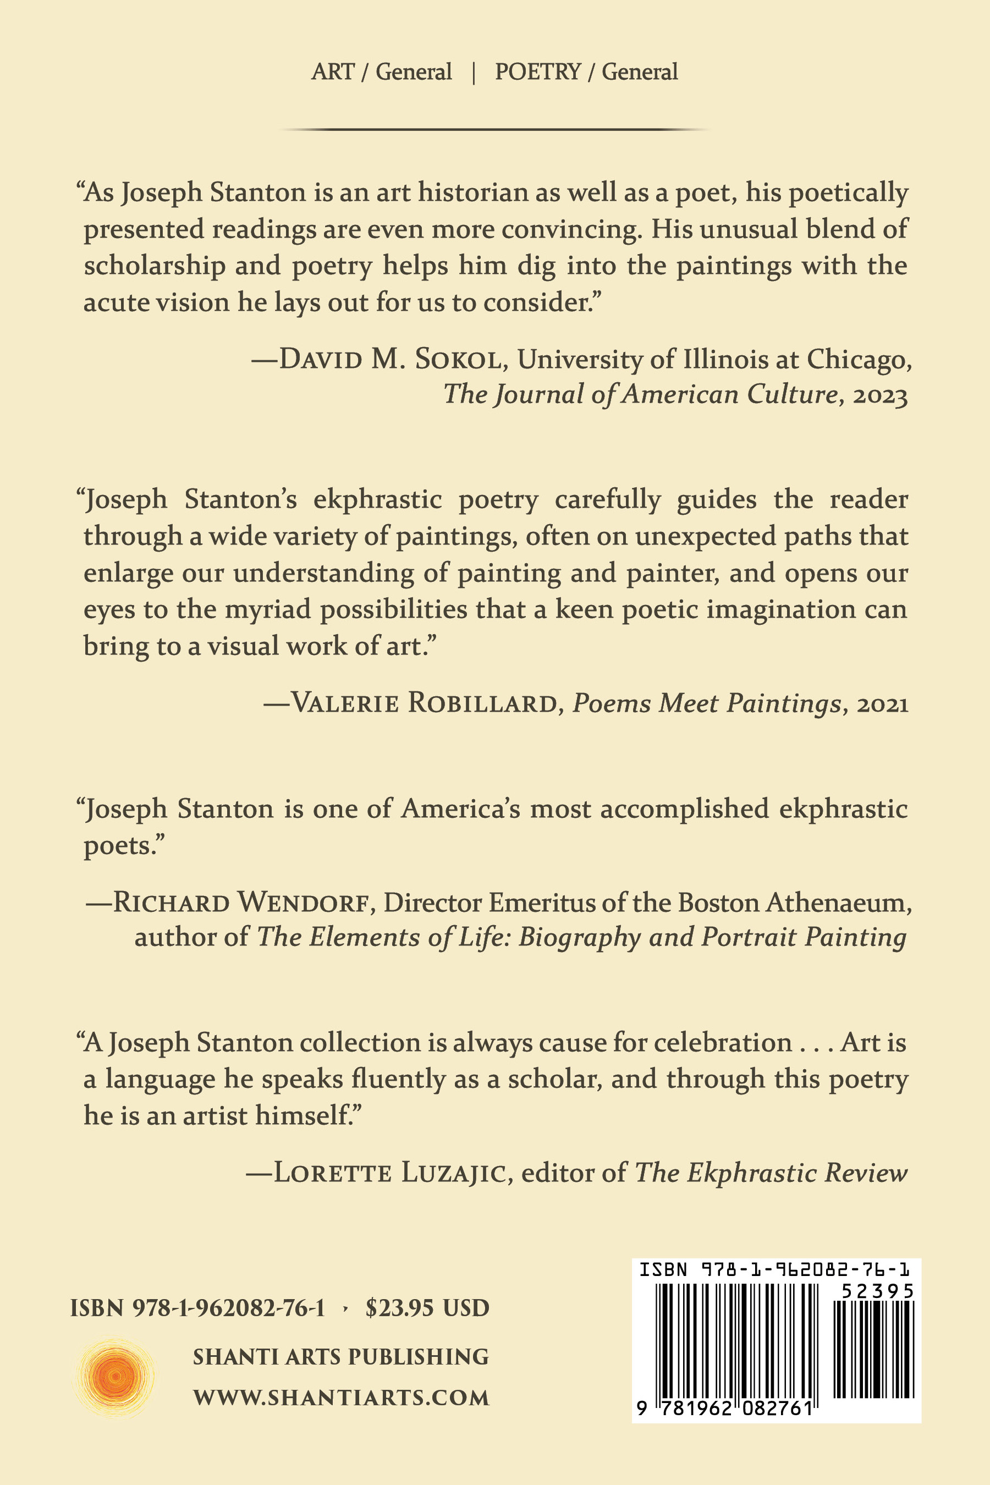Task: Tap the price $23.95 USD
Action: pyautogui.click(x=427, y=1307)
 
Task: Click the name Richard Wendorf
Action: pyautogui.click(x=240, y=904)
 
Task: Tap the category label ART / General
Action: pyautogui.click(x=381, y=72)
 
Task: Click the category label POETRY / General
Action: pyautogui.click(x=586, y=72)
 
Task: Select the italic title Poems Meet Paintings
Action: pyautogui.click(x=707, y=703)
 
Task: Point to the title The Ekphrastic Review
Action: pyautogui.click(x=771, y=1173)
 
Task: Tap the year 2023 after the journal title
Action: pyautogui.click(x=880, y=396)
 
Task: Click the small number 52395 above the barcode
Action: pyautogui.click(x=878, y=1292)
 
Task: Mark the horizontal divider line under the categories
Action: pyautogui.click(x=495, y=129)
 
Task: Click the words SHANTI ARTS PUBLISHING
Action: pyautogui.click(x=341, y=1357)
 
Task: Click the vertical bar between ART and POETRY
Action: pyautogui.click(x=474, y=73)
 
